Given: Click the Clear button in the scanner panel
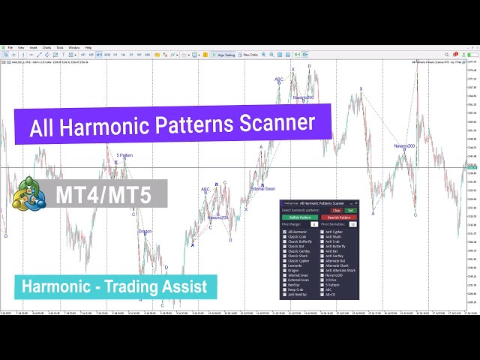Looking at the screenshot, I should pyautogui.click(x=337, y=210).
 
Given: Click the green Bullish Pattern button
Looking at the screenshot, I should pyautogui.click(x=300, y=217).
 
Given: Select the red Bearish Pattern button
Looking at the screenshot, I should pyautogui.click(x=339, y=217).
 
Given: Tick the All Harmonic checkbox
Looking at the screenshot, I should pyautogui.click(x=285, y=232).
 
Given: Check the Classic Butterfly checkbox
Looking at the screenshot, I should pyautogui.click(x=285, y=241).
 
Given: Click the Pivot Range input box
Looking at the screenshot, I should pyautogui.click(x=314, y=224).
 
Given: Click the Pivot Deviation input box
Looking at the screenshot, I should pyautogui.click(x=352, y=224).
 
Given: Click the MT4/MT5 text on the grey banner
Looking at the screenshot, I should pyautogui.click(x=103, y=195).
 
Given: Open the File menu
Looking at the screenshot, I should pyautogui.click(x=10, y=47).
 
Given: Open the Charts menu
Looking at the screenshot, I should pyautogui.click(x=46, y=47).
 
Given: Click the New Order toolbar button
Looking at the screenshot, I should pyautogui.click(x=249, y=55).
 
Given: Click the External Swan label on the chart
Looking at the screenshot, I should pyautogui.click(x=262, y=188).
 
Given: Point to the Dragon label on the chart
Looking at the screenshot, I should pyautogui.click(x=145, y=231).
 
